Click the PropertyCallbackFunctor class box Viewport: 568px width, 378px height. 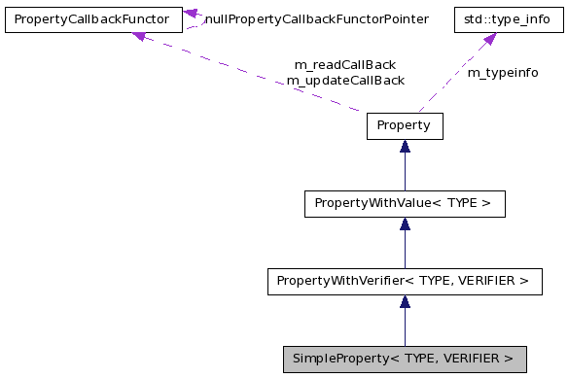coord(92,18)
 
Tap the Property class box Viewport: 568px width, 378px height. coord(404,125)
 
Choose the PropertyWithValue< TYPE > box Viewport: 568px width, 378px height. coord(404,203)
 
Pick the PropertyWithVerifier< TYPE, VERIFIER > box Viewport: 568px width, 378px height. coord(404,281)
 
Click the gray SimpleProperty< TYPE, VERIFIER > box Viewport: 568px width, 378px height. coord(404,359)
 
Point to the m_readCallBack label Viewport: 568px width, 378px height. coord(344,65)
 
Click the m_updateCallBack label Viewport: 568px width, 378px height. coord(344,81)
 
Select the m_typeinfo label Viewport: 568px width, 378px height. coord(503,73)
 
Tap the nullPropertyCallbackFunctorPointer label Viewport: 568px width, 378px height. coord(316,18)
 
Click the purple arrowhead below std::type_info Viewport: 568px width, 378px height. coord(489,39)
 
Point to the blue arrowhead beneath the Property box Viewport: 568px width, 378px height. coord(405,146)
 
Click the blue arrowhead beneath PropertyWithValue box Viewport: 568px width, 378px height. coord(405,223)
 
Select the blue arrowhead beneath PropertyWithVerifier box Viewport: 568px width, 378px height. coord(405,301)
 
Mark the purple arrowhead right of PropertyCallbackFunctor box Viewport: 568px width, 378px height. coord(192,15)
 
